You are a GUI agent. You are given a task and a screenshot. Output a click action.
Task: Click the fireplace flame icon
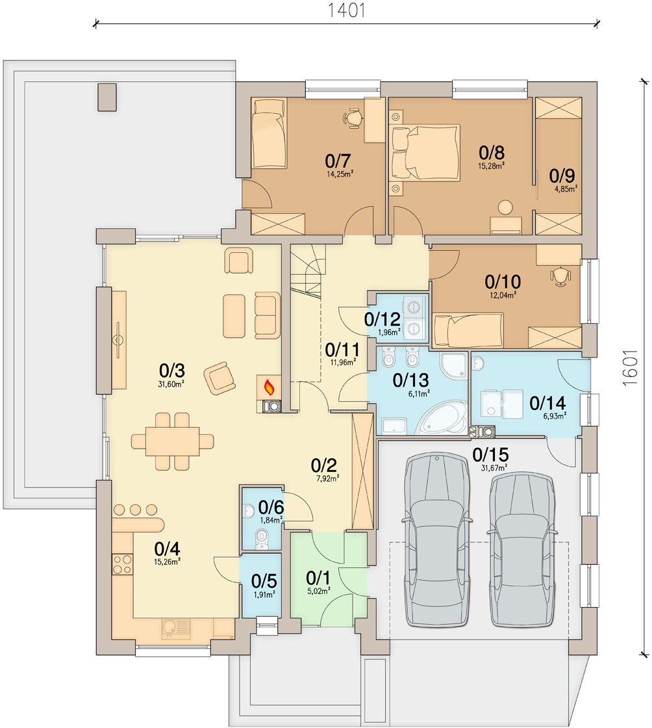point(268,388)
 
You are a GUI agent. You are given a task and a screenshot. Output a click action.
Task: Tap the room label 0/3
point(172,370)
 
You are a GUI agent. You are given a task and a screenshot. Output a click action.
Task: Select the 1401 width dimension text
point(347,10)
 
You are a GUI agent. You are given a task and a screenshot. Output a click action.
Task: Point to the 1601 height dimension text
point(627,371)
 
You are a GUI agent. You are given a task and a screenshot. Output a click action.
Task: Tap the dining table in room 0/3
point(172,441)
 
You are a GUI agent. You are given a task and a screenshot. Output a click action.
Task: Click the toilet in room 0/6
point(262,537)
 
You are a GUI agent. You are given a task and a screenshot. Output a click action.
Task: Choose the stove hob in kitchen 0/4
point(121,564)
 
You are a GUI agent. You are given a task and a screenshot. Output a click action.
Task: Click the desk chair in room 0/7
point(352,116)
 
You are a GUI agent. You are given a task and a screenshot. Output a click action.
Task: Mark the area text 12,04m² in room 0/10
point(503,294)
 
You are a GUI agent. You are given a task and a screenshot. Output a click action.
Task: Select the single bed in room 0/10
point(468,330)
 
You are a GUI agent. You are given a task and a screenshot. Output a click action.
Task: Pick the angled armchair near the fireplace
point(219,378)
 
